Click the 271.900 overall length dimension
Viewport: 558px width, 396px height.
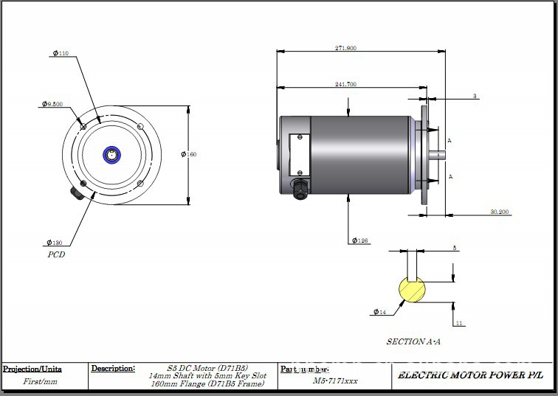click(345, 48)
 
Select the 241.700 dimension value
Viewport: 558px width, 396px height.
click(345, 85)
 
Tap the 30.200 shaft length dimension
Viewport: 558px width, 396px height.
click(500, 212)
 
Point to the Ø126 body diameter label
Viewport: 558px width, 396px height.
click(360, 240)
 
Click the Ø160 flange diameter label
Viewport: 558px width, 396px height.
click(189, 154)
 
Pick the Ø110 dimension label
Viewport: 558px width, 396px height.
click(61, 54)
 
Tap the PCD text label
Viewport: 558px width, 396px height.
click(56, 255)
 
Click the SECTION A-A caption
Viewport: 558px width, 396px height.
click(414, 342)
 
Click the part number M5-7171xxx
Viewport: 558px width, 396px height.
click(335, 381)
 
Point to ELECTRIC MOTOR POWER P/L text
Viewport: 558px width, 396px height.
click(471, 375)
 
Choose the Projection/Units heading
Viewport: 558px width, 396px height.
click(32, 369)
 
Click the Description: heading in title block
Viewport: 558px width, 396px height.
click(113, 367)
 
